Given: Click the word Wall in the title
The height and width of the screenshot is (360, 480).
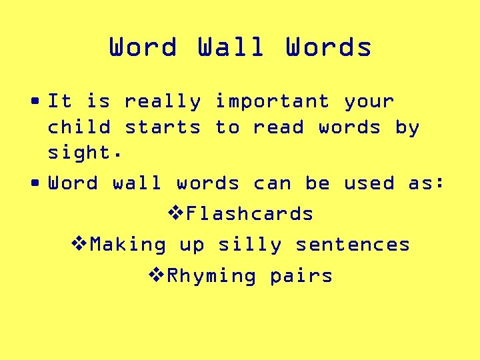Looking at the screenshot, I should click(x=231, y=47).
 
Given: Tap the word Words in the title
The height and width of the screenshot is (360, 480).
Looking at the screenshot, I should click(x=329, y=47).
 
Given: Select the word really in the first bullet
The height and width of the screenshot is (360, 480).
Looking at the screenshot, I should click(x=162, y=102).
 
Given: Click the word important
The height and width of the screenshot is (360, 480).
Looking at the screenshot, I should click(x=271, y=102).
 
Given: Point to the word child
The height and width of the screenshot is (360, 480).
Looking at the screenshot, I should click(x=79, y=127).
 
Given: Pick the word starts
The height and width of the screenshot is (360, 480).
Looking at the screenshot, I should click(x=163, y=127).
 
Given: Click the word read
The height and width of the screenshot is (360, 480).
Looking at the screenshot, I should click(x=278, y=127).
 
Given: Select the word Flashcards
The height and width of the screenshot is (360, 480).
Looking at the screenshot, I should click(x=250, y=214).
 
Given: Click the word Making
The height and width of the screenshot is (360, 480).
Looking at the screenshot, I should click(x=128, y=245).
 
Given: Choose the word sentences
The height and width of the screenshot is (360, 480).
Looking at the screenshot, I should click(x=353, y=245).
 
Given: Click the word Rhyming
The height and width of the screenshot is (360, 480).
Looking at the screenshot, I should click(x=211, y=276).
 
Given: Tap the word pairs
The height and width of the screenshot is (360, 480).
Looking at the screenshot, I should click(x=301, y=276).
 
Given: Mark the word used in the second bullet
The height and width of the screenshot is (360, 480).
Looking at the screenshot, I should click(x=369, y=183).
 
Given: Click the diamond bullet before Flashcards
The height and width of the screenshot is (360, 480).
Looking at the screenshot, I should click(x=175, y=214).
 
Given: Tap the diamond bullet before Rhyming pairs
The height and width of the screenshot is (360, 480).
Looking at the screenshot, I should click(x=156, y=275).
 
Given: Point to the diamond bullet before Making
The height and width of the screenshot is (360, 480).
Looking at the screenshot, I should click(x=79, y=245).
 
